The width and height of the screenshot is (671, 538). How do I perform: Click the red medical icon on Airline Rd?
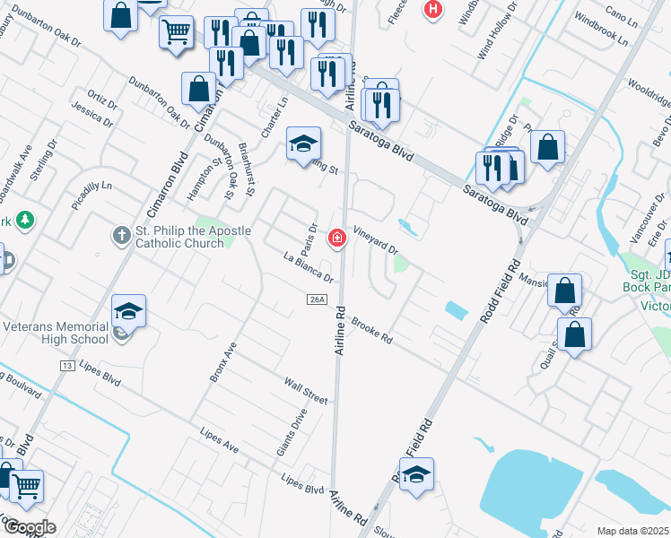[x=337, y=239]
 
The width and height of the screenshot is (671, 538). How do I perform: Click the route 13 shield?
[x=65, y=366]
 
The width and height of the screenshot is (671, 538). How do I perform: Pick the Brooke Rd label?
[x=372, y=330]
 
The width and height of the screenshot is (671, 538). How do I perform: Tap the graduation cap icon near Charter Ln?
[x=303, y=143]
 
